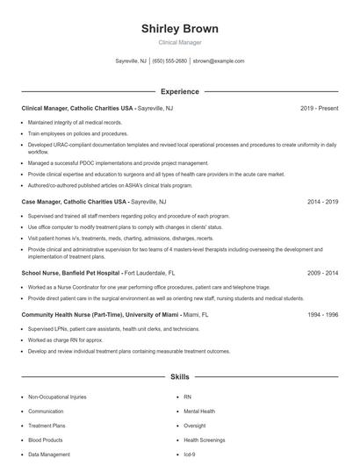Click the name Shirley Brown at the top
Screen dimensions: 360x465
[179, 29]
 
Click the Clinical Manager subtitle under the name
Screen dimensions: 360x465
[179, 42]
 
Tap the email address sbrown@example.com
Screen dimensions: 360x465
[218, 61]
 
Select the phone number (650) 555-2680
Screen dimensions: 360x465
[169, 61]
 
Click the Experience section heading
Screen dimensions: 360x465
[179, 91]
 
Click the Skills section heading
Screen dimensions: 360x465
[179, 377]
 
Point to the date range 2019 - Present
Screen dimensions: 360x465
[319, 108]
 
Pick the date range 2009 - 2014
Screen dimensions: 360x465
[322, 273]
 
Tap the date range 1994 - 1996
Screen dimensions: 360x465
[322, 313]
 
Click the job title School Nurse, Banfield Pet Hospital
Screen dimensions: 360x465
[71, 273]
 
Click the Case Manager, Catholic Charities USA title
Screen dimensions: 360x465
[74, 202]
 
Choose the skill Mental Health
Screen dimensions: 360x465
[198, 411]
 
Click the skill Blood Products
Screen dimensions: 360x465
[45, 440]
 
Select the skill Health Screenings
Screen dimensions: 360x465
[204, 440]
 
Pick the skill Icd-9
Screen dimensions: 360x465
[189, 454]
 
